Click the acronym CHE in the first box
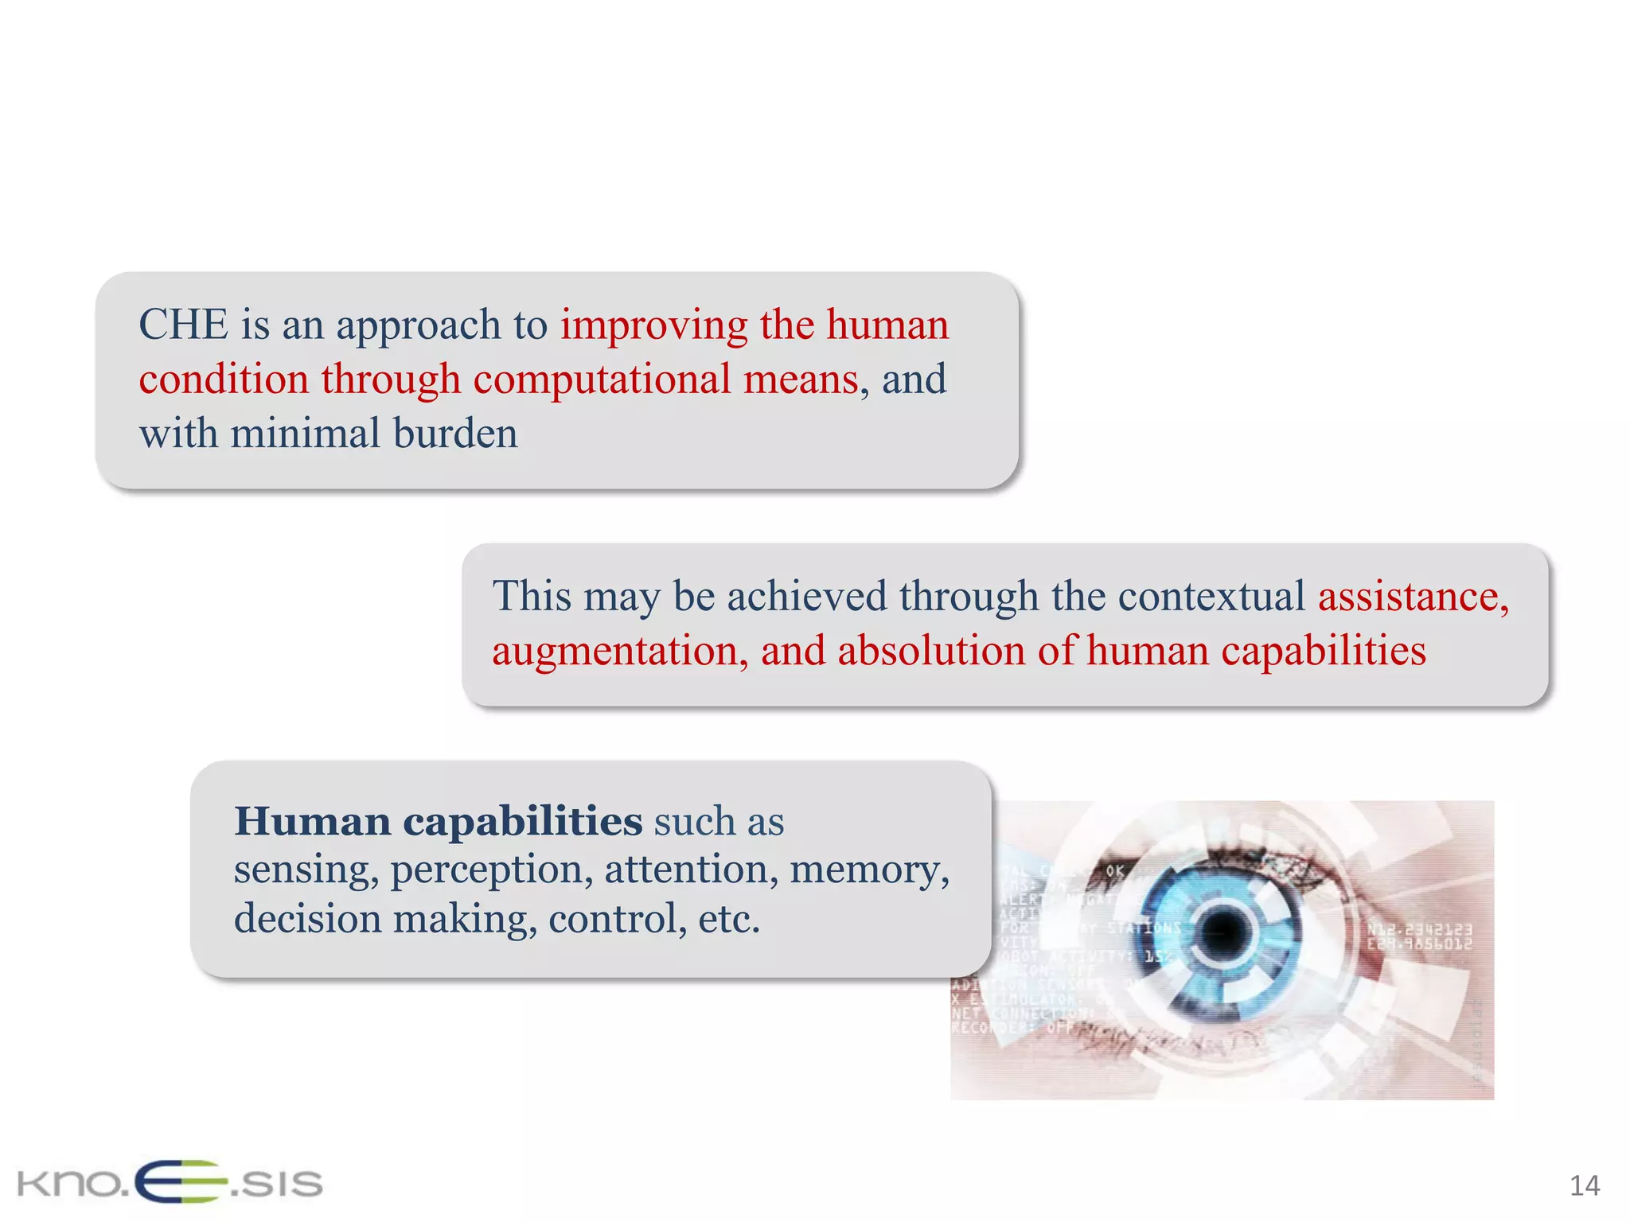183,325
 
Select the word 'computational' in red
602,379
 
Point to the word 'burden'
454,434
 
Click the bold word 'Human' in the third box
312,821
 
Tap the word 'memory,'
869,869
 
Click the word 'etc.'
729,919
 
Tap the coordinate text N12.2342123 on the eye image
1419,929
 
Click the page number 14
1584,1186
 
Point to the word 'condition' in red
224,379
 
